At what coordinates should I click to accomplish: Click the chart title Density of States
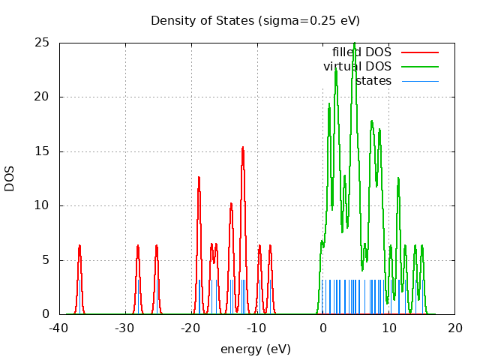(x=255, y=20)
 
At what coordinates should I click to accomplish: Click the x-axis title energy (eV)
(x=255, y=349)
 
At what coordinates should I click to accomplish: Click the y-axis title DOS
(x=10, y=178)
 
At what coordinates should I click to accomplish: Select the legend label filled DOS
(x=361, y=52)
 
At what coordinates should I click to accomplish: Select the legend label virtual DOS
(x=357, y=67)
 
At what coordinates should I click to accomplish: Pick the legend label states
(x=373, y=81)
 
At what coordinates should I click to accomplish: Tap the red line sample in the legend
(x=419, y=52)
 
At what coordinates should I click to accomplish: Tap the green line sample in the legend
(x=419, y=67)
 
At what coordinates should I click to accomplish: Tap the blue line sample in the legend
(x=419, y=81)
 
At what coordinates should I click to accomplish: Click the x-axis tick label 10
(x=389, y=328)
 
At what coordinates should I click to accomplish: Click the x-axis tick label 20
(x=455, y=328)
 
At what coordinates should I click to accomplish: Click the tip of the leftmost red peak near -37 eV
(x=79, y=245)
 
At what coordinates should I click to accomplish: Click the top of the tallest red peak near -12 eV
(x=243, y=147)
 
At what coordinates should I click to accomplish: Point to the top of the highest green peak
(x=355, y=43)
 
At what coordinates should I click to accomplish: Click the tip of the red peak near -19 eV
(x=199, y=177)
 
